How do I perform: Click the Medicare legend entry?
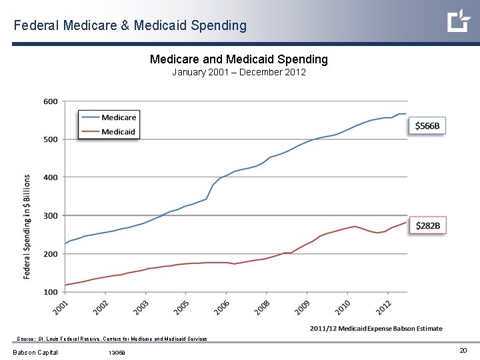coord(119,118)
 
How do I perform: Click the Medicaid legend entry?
coord(119,132)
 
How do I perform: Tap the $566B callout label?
coord(427,126)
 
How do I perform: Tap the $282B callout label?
coord(427,226)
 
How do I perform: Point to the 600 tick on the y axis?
coord(51,101)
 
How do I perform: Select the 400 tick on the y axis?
coord(51,177)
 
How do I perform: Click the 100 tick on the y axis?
coord(51,292)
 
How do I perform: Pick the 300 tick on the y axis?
coord(51,215)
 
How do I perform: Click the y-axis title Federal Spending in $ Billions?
coord(28,227)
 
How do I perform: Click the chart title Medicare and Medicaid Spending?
coord(239,59)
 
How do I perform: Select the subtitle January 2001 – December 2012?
coord(239,72)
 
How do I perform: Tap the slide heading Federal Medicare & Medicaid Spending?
coord(130,25)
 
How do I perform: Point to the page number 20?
coord(463,351)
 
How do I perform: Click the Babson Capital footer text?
coord(35,353)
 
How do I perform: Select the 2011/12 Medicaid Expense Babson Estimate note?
coord(376,328)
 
